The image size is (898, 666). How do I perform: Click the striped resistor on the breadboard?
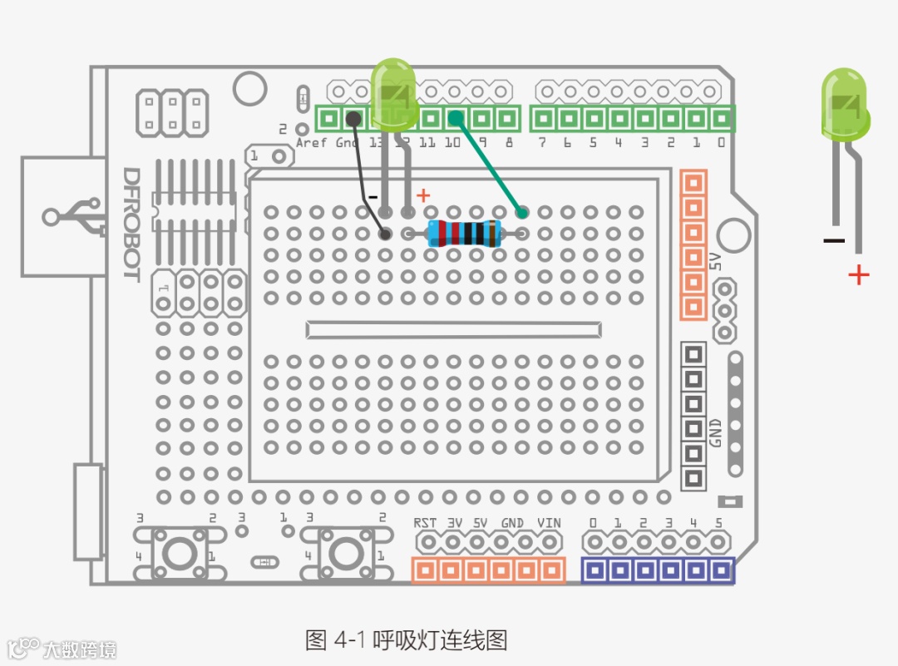coord(464,234)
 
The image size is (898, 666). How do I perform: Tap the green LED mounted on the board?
coord(392,96)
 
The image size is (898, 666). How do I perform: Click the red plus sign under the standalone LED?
coord(858,274)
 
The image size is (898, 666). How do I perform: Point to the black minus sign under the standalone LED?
coord(833,241)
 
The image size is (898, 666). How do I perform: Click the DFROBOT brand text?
coord(131,224)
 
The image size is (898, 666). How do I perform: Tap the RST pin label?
coord(425,523)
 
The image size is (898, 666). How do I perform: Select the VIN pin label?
coord(549,523)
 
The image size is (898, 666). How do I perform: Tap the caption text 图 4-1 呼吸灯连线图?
coord(406,639)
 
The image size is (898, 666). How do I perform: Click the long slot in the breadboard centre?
coord(453,329)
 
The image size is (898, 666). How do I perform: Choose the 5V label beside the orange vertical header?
coord(715,261)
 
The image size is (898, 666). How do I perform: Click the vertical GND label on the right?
coord(715,430)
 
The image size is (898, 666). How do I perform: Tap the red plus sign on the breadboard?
coord(423,195)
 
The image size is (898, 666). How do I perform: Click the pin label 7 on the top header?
coord(542,143)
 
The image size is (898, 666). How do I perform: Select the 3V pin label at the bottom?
coord(455,523)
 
